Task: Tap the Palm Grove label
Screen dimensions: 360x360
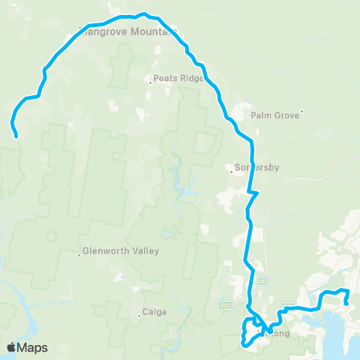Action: (x=270, y=115)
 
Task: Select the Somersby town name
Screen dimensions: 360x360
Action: (x=257, y=168)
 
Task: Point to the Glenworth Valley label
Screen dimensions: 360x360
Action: (x=121, y=251)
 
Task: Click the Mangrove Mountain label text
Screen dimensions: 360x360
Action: (x=127, y=32)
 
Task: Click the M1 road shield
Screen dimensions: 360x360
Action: (x=262, y=281)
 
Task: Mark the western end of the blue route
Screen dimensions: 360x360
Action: (x=16, y=136)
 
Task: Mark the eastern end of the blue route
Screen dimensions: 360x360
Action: (x=346, y=304)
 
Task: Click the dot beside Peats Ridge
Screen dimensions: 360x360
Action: (x=150, y=82)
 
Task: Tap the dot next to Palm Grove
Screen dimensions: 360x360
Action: (x=301, y=113)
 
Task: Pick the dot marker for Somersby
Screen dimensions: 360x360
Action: (x=232, y=170)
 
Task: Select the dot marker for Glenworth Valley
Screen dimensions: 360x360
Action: (x=79, y=254)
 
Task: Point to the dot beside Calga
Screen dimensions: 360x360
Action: (x=139, y=316)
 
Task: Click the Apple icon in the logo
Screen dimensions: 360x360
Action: (x=11, y=347)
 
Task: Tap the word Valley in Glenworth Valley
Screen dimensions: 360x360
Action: (x=144, y=251)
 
